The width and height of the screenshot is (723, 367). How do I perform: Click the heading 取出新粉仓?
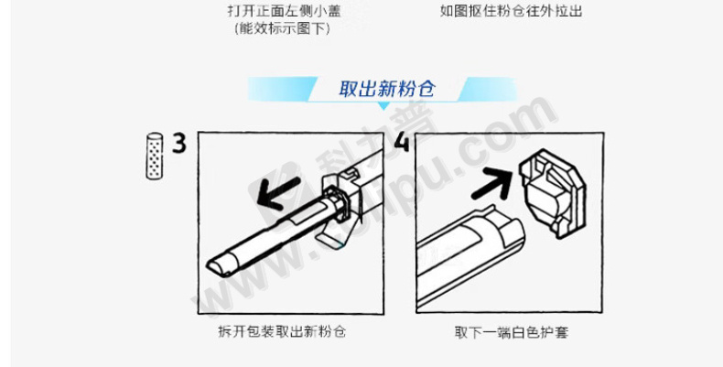[x=387, y=89]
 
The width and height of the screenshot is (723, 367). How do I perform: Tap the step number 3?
[x=179, y=143]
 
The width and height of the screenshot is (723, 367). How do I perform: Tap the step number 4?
[x=402, y=142]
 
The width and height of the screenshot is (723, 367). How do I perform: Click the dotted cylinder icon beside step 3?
[x=155, y=156]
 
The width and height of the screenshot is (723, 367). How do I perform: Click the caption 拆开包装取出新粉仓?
[x=282, y=331]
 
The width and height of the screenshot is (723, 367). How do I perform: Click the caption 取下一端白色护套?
[x=511, y=332]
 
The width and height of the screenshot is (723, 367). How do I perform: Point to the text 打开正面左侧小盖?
[x=285, y=11]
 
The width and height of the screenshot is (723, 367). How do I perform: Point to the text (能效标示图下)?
[x=282, y=28]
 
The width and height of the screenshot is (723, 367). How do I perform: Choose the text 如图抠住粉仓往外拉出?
[x=511, y=11]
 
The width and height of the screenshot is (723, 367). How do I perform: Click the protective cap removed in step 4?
[x=553, y=193]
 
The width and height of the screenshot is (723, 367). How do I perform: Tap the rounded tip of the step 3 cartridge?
[x=216, y=267]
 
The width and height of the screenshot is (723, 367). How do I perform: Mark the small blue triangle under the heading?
[x=383, y=106]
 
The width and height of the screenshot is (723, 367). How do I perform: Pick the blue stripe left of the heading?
[x=282, y=89]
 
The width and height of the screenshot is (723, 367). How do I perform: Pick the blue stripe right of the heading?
[x=488, y=89]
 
